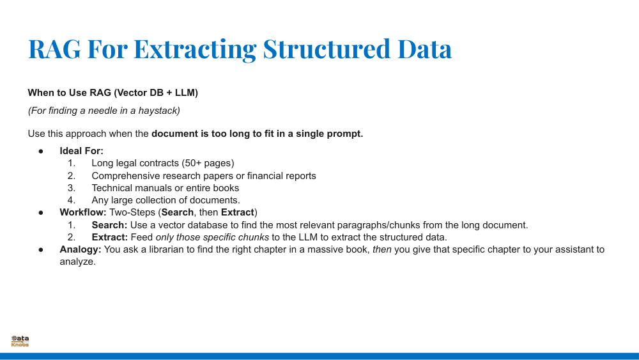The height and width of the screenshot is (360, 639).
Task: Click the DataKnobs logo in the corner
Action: point(20,341)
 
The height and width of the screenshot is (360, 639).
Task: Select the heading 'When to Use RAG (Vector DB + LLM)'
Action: point(112,93)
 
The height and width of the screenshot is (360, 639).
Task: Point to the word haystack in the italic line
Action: point(160,111)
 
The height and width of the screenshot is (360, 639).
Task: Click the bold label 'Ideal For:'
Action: point(81,151)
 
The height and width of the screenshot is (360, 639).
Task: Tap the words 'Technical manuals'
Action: point(128,188)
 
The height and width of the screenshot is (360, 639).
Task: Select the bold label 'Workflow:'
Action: point(83,212)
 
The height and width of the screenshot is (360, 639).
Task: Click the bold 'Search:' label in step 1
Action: point(109,225)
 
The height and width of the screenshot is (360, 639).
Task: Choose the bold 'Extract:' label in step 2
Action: point(109,237)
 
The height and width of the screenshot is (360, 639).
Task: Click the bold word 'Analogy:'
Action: point(81,249)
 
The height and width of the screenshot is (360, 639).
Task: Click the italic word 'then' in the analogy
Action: point(382,249)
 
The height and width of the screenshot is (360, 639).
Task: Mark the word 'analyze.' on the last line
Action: point(77,262)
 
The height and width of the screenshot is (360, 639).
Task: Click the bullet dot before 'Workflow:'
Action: point(40,212)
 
